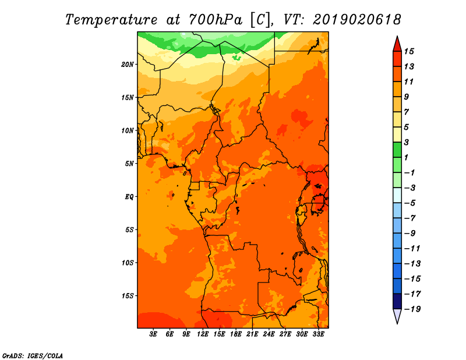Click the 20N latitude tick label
click(x=128, y=65)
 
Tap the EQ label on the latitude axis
click(x=129, y=197)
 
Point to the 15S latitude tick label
click(x=128, y=296)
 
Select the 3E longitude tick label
click(x=153, y=334)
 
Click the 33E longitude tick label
click(x=318, y=334)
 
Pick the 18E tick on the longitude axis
click(x=236, y=334)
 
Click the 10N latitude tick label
click(x=128, y=130)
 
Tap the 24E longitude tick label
click(x=269, y=334)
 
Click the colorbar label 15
click(x=409, y=51)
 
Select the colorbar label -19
click(x=412, y=309)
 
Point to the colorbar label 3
click(x=407, y=142)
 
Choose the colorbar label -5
click(x=410, y=203)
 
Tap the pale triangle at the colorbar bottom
click(x=397, y=315)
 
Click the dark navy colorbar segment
click(x=397, y=301)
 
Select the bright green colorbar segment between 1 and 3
click(x=397, y=150)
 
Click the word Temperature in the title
click(x=111, y=20)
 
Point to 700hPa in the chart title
click(x=216, y=20)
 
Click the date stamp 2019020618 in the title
click(x=357, y=20)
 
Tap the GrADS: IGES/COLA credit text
click(x=33, y=356)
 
